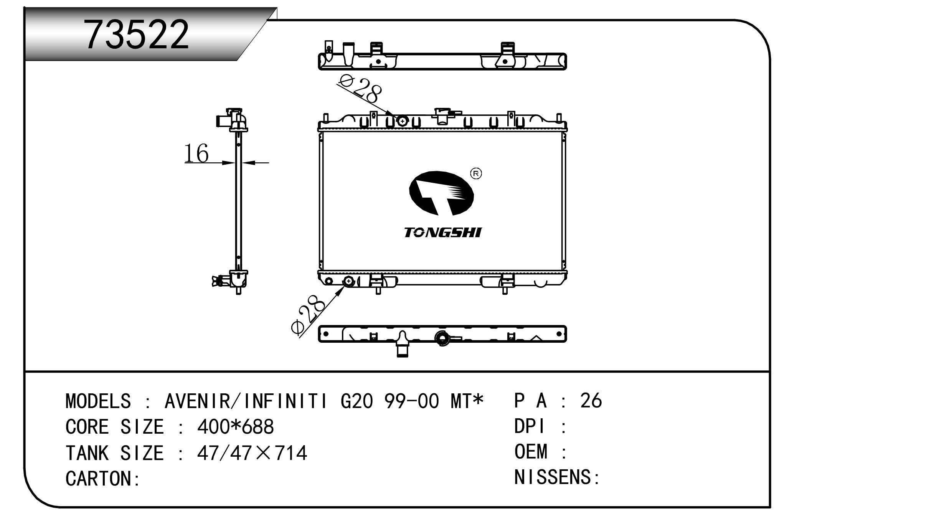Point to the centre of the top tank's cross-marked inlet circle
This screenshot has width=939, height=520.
pos(402,121)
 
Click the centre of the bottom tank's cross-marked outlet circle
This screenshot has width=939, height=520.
pos(348,281)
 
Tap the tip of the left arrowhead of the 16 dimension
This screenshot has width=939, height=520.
pos(235,163)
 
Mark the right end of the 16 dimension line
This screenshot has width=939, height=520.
pos(269,163)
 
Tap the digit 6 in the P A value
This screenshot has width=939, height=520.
pos(596,401)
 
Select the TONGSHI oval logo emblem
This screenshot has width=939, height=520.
pos(441,193)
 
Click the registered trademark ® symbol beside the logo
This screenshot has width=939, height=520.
pos(476,174)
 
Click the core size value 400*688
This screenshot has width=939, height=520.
pos(235,427)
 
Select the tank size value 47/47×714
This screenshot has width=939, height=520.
pos(252,453)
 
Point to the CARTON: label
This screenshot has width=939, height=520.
pos(103,479)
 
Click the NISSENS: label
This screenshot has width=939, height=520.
pos(556,477)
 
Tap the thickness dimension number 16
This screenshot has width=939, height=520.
pos(196,153)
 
